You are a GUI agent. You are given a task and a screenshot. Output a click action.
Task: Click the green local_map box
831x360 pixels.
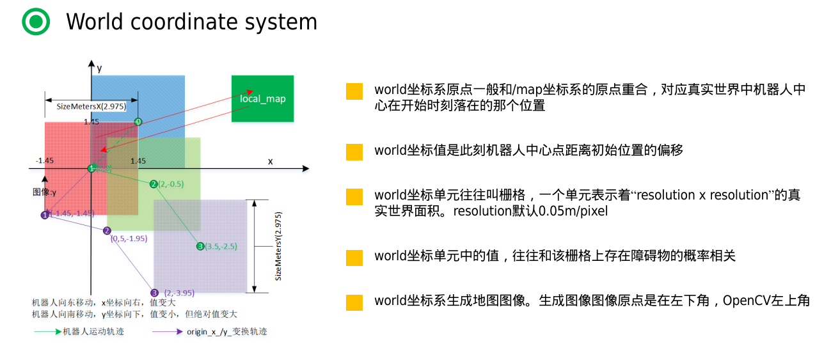coord(262,98)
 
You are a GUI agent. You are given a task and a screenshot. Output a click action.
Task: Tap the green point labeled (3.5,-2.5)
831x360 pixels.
coord(200,246)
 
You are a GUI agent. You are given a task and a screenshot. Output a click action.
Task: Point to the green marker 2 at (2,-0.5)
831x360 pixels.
coord(154,184)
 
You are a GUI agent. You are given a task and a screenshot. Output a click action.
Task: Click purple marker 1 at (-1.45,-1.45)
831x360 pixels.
coord(45,215)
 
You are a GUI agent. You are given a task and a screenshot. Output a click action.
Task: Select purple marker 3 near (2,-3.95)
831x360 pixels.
coord(154,292)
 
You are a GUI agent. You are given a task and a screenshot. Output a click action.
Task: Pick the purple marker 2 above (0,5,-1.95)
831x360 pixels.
coord(107,230)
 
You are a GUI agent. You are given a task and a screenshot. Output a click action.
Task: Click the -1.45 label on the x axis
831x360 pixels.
coord(45,161)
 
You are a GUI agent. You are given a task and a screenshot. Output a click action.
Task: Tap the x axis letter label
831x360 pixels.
coord(270,161)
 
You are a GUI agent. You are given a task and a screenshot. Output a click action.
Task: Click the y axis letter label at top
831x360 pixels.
coord(100,67)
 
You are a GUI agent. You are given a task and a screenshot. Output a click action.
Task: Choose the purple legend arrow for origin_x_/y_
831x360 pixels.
coord(168,332)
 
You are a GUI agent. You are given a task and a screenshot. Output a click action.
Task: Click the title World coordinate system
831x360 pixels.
coord(191,22)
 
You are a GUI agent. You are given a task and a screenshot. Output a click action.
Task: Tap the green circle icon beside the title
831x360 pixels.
coord(36,22)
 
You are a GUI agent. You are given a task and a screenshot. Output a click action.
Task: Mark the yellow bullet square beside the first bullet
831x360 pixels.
coord(354,91)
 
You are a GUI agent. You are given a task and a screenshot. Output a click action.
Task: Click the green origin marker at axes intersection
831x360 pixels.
coord(91,168)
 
